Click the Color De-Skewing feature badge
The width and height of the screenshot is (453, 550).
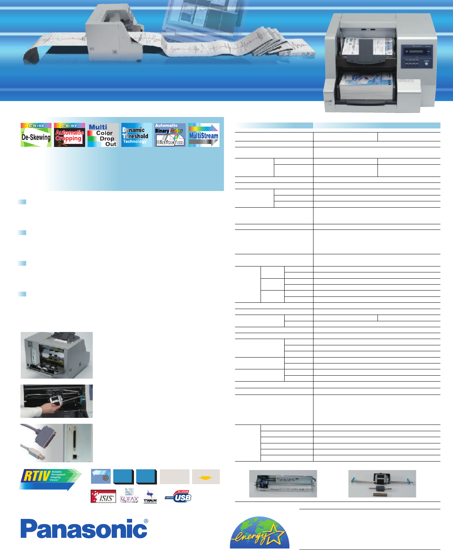36,135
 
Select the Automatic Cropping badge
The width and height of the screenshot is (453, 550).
70,135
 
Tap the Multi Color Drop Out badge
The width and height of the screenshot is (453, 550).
103,135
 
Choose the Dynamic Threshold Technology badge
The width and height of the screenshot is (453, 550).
137,135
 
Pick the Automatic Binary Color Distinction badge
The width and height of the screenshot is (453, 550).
170,135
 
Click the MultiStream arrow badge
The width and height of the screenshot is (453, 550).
204,135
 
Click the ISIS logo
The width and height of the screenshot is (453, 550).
103,496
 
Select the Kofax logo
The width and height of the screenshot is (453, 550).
129,496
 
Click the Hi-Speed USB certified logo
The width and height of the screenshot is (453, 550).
178,496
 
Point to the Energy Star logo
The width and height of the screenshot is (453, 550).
259,533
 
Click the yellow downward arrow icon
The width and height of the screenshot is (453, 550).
206,477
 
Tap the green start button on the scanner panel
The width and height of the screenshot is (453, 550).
426,63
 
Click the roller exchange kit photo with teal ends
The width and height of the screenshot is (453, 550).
382,483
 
